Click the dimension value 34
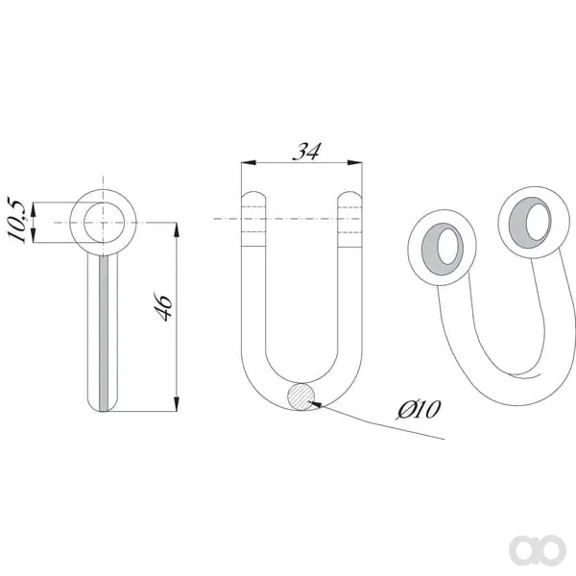[306, 152]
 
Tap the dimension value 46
[163, 307]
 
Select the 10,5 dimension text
[17, 219]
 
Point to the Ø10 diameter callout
[419, 409]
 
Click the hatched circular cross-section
[300, 396]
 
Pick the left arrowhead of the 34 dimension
[249, 162]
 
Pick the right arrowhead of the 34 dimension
[355, 162]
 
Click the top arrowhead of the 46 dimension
[177, 229]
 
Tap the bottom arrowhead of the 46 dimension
[177, 404]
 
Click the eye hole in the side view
[104, 223]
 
